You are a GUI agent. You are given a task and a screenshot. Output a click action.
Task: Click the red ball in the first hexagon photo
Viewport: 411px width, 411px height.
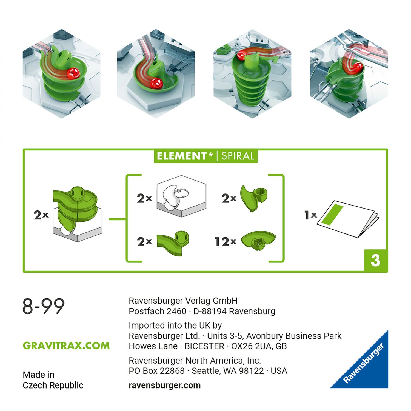[x=73, y=73]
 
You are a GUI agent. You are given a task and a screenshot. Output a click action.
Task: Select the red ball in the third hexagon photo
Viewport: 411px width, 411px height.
[x=241, y=55]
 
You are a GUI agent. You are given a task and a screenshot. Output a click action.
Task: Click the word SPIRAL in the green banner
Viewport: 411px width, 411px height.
[x=238, y=156]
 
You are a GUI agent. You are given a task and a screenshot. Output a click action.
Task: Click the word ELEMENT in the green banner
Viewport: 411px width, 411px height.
[x=182, y=156]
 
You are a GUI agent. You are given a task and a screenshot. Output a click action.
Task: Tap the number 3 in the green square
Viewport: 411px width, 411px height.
[x=375, y=260]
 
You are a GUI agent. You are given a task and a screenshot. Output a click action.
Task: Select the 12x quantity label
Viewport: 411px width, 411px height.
[x=225, y=242]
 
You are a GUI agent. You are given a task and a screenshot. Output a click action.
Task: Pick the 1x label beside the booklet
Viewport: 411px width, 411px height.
[x=310, y=215]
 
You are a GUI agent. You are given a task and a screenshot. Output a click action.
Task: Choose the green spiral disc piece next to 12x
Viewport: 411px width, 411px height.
[x=258, y=240]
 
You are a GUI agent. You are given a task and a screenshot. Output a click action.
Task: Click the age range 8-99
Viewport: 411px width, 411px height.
[x=43, y=306]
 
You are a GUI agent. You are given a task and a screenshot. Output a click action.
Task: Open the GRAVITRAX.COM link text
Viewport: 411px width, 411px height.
[x=66, y=346]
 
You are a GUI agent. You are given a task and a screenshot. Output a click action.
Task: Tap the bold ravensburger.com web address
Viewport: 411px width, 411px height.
[x=164, y=385]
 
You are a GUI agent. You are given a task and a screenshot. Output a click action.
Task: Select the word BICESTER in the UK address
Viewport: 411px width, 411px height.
[x=204, y=346]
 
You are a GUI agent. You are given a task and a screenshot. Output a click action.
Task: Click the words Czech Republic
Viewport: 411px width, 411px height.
[x=53, y=385]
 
